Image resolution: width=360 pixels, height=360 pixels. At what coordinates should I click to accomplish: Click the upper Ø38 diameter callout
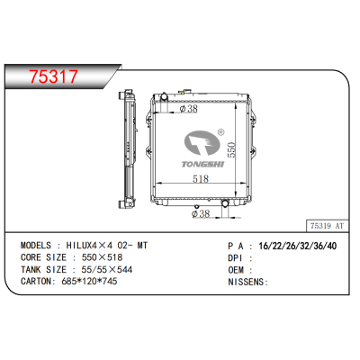[x=190, y=111]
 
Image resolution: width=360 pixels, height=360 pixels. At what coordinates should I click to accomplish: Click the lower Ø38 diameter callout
[x=202, y=212]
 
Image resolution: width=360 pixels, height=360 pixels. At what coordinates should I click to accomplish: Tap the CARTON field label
[x=37, y=281]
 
